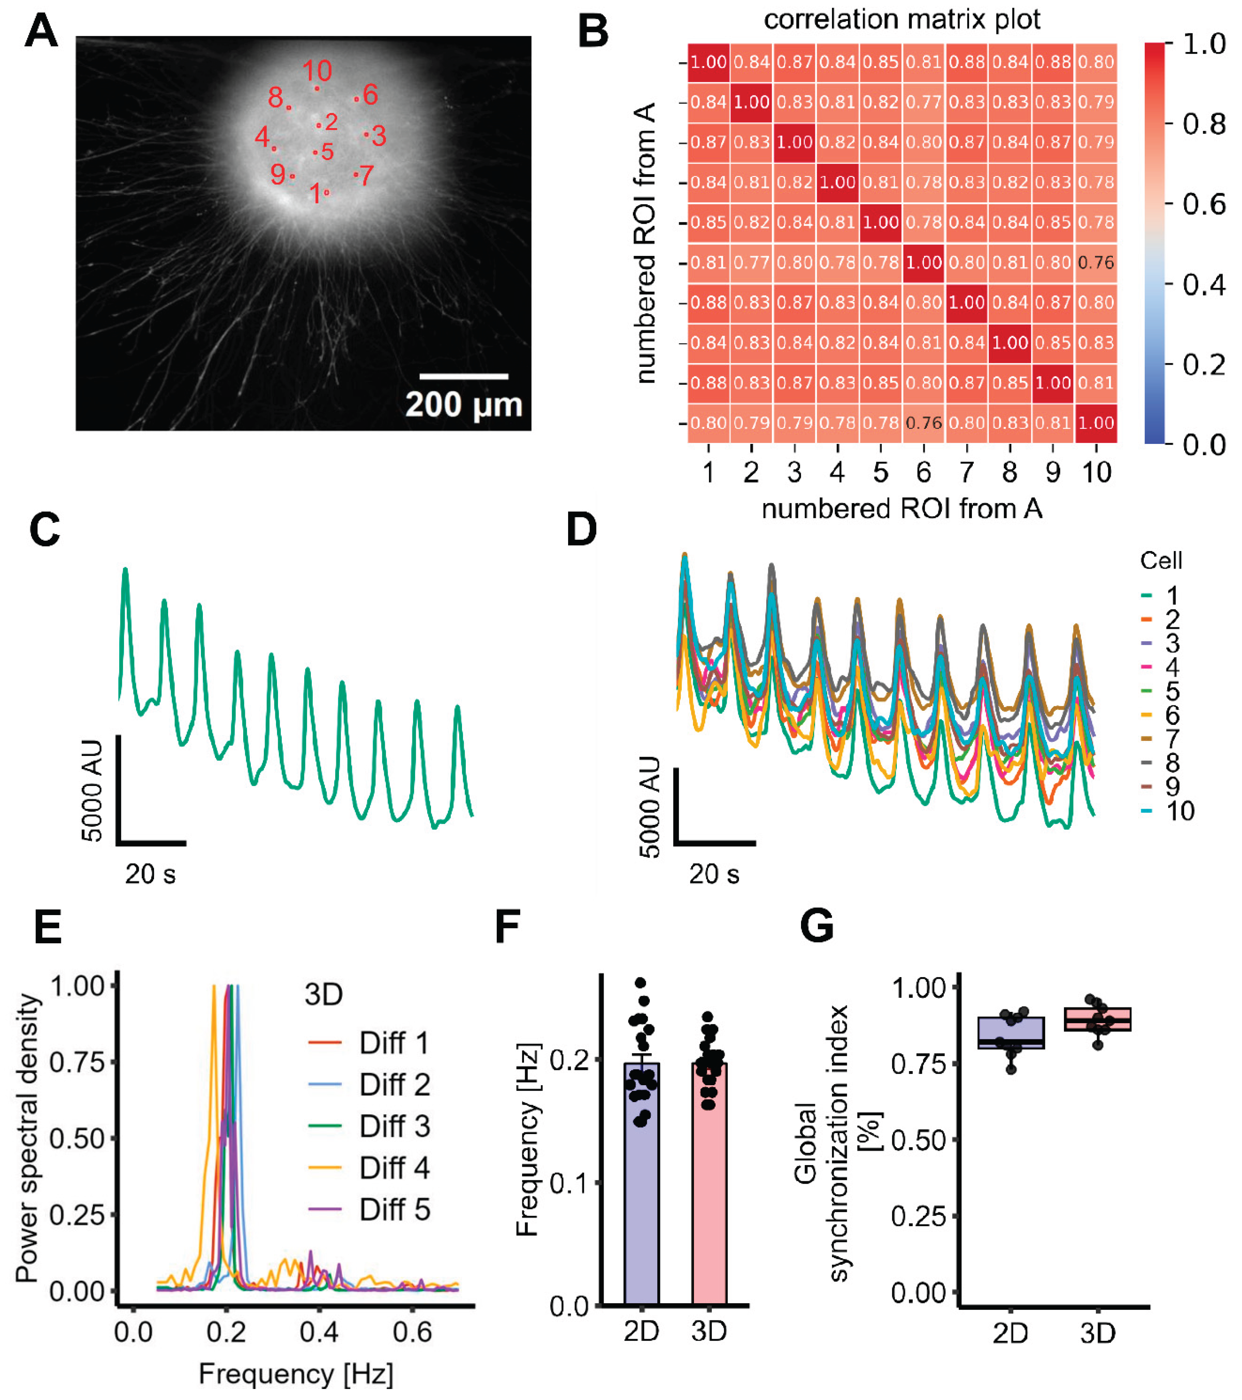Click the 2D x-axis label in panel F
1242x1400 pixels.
click(641, 1331)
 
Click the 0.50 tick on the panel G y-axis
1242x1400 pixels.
click(918, 1140)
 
